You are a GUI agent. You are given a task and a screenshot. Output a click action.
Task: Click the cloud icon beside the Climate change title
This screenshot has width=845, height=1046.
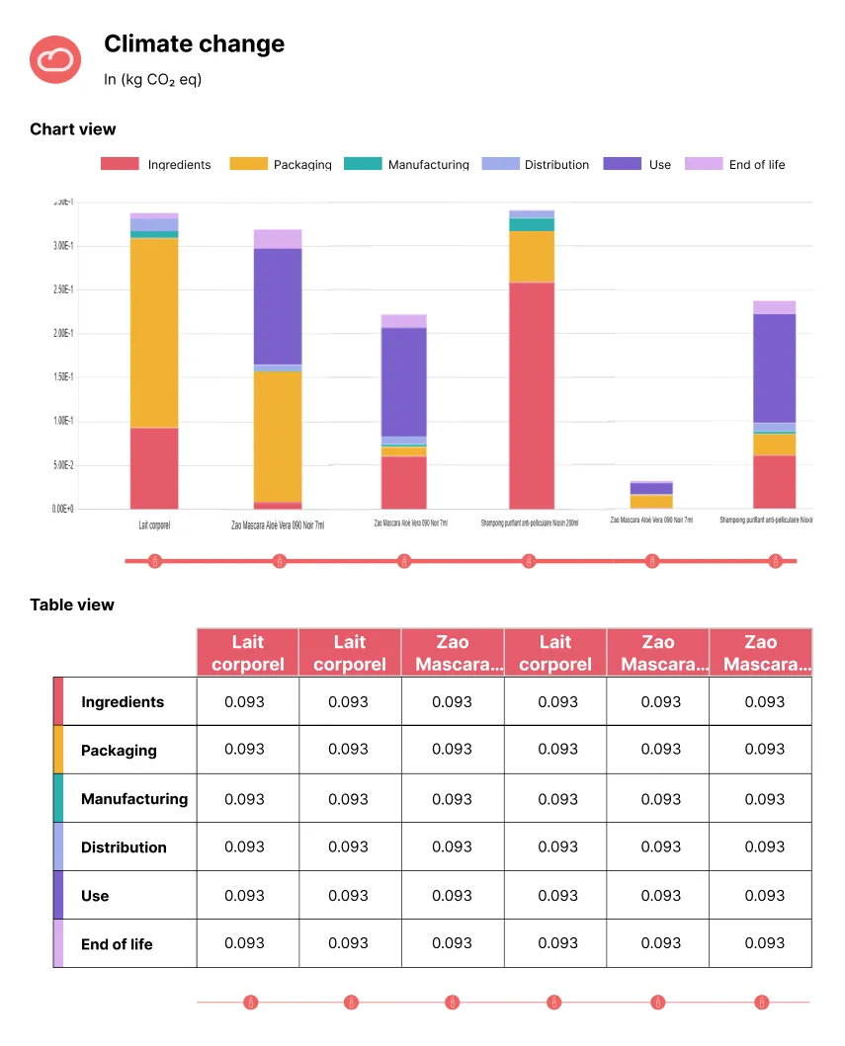click(54, 59)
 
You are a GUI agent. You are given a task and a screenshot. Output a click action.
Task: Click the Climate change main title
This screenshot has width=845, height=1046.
click(194, 44)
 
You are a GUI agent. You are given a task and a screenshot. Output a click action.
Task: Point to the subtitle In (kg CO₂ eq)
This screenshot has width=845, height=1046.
click(152, 79)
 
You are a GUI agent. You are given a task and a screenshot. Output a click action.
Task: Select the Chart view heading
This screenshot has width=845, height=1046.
click(72, 129)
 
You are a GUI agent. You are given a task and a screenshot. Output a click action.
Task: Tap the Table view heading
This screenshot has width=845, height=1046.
click(72, 604)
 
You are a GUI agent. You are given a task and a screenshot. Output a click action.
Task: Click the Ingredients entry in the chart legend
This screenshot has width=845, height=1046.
click(156, 164)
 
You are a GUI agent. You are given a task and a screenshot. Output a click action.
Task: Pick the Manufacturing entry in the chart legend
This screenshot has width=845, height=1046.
click(406, 164)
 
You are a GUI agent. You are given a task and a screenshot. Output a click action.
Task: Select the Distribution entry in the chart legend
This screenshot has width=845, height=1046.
click(536, 164)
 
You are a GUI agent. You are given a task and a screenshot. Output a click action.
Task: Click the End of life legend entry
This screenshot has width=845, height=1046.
click(735, 164)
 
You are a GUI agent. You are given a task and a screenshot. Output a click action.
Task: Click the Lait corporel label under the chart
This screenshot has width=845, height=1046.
click(154, 525)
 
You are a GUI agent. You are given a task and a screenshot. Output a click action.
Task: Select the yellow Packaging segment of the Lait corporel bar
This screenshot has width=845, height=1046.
click(154, 332)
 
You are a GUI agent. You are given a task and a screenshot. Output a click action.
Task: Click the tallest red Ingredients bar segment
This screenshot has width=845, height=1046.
click(531, 395)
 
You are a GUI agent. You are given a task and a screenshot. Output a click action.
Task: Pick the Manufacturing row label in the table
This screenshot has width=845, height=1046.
click(133, 799)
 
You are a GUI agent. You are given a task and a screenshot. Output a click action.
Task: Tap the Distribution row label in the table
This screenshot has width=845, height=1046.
click(124, 847)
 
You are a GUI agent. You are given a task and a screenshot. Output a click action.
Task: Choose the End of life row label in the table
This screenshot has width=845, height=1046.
click(117, 944)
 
